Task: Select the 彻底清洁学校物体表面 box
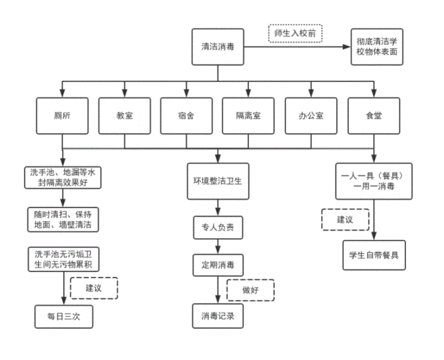pos(375,48)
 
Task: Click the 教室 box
pos(124,114)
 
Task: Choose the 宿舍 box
pos(186,114)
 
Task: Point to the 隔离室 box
pos(248,114)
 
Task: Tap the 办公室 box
pos(311,114)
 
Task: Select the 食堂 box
pos(373,114)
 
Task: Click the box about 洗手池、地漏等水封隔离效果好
pos(62,178)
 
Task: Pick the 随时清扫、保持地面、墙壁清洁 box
pos(62,219)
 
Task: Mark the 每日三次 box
pos(62,316)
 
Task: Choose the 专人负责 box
pos(218,228)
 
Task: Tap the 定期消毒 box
pos(218,264)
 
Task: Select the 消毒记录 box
pos(218,315)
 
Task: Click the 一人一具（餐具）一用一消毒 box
pos(373,181)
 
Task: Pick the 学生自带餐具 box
pos(373,254)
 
